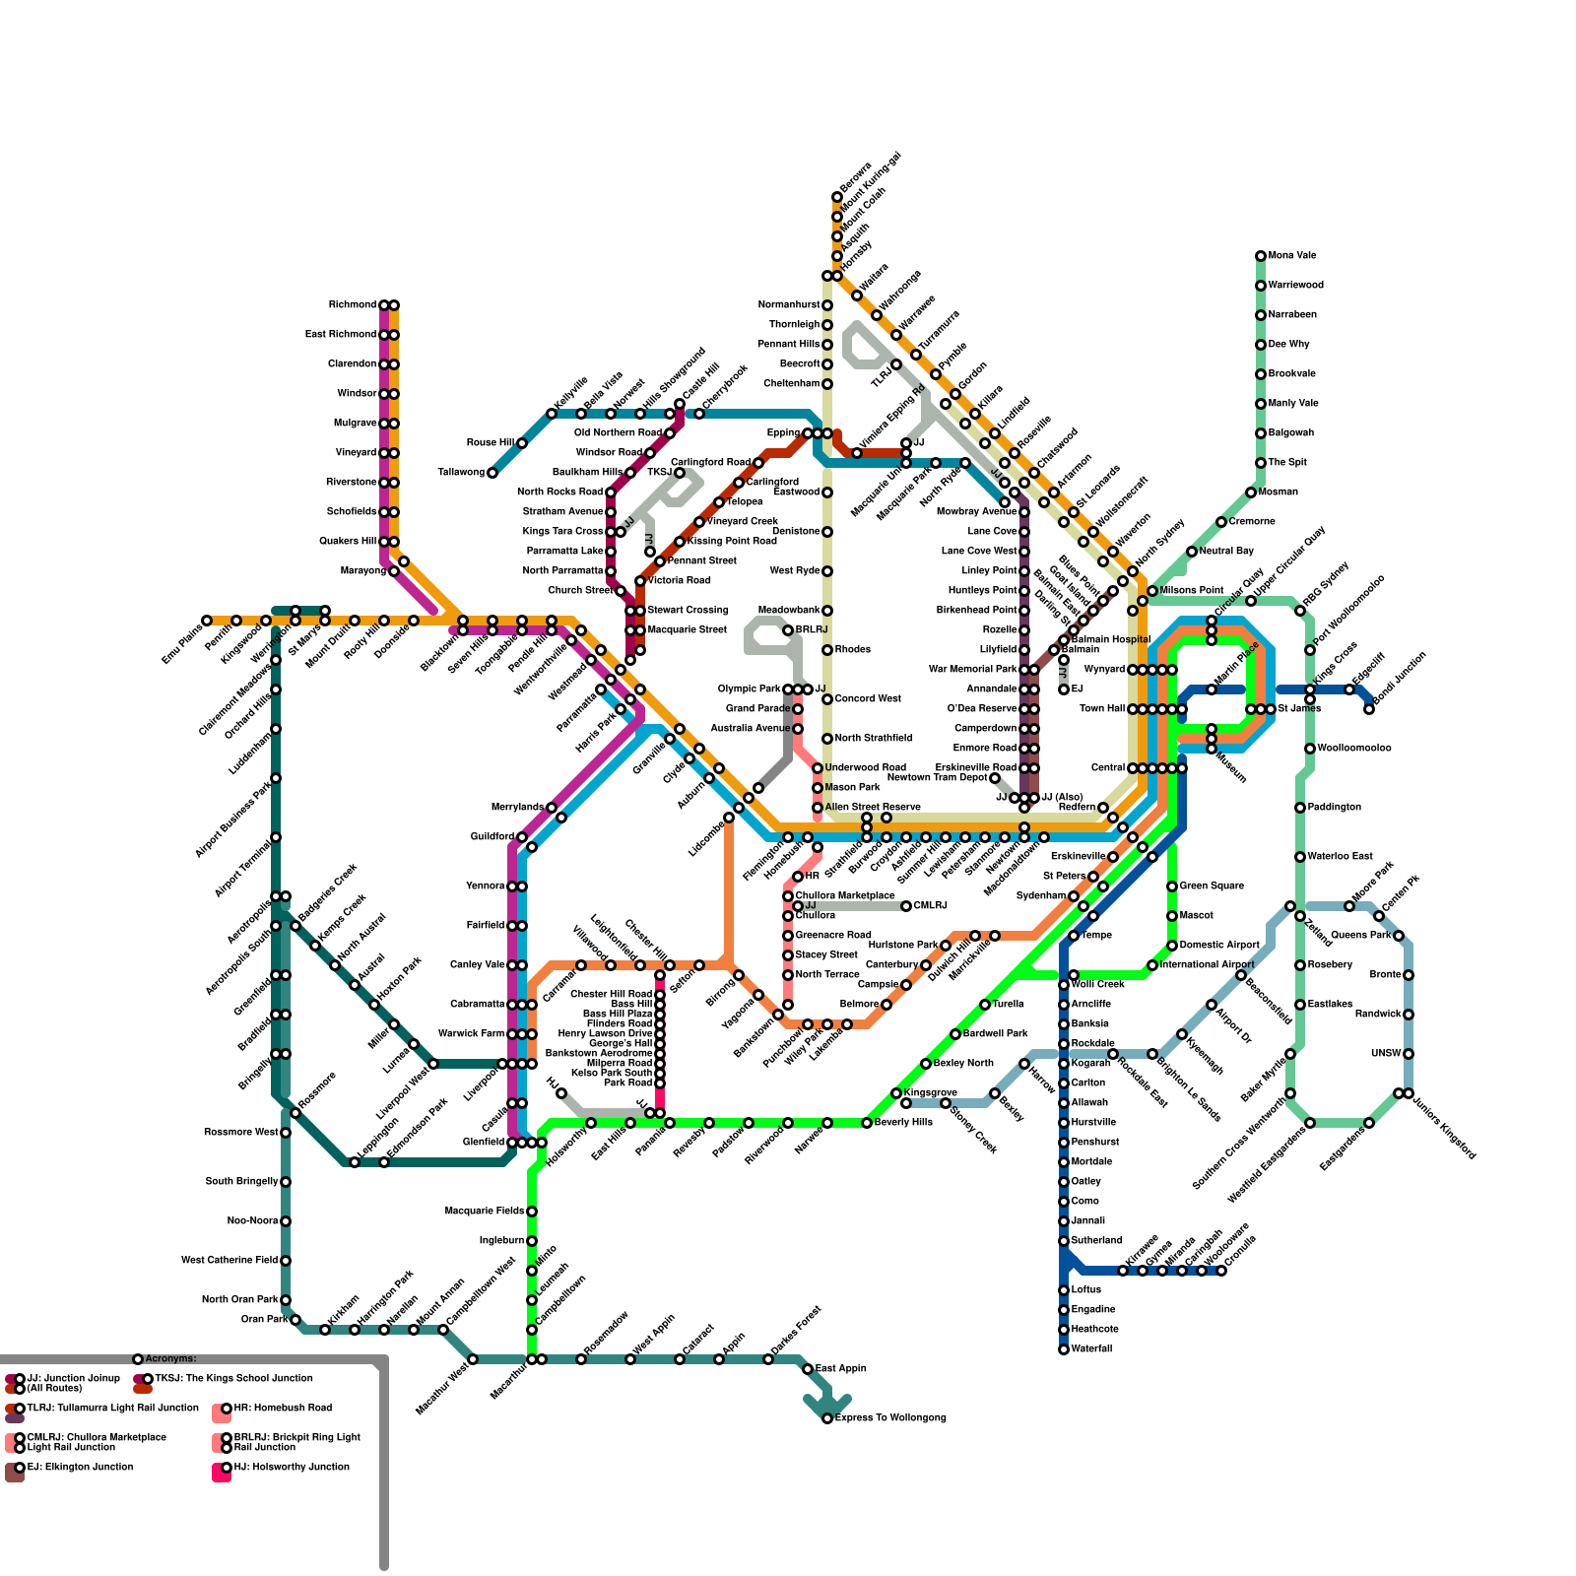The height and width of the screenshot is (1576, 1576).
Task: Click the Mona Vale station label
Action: click(x=1292, y=256)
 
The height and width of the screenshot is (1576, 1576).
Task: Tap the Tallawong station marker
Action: click(x=492, y=473)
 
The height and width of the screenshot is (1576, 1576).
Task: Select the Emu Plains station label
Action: click(x=182, y=642)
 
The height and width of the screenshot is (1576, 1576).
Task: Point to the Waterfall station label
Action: click(x=1092, y=1349)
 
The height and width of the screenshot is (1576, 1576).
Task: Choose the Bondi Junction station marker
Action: click(x=1369, y=709)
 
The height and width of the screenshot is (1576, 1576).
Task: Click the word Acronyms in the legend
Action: click(x=170, y=1359)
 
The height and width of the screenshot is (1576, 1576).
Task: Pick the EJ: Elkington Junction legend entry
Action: click(x=80, y=1468)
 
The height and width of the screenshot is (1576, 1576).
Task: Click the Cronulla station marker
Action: click(x=1221, y=1271)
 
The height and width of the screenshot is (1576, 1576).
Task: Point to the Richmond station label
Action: click(x=353, y=305)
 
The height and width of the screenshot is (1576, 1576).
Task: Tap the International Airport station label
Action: click(x=1208, y=965)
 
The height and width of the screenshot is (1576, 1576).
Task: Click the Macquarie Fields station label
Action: click(x=485, y=1212)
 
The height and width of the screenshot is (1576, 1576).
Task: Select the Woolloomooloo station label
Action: click(x=1353, y=749)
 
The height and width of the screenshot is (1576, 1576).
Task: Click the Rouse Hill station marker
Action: click(x=522, y=443)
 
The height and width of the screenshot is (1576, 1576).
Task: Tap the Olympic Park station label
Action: click(x=750, y=689)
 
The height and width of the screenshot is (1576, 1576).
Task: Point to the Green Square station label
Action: click(x=1211, y=886)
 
